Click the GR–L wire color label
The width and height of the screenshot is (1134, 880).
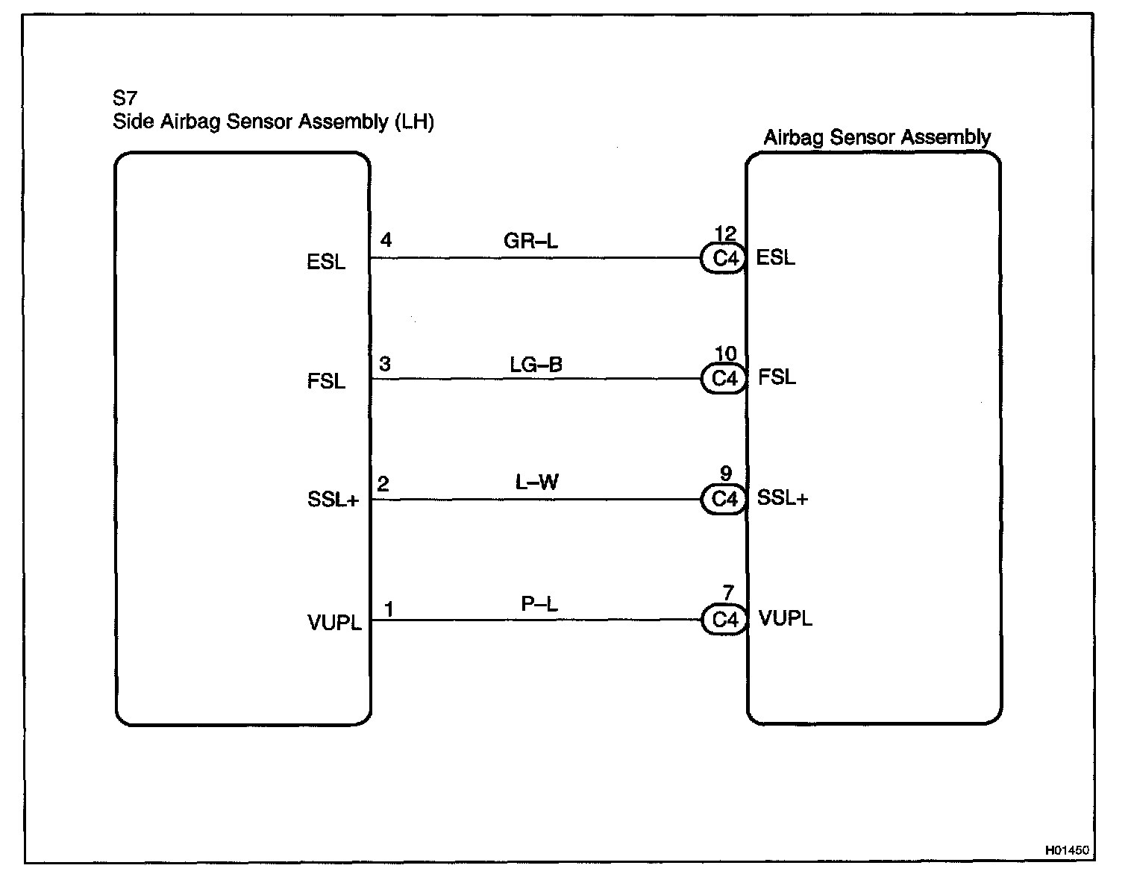click(530, 242)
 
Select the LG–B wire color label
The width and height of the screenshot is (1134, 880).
click(536, 365)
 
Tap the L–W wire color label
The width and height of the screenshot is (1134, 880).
click(536, 483)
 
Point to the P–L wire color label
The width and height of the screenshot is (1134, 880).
click(539, 605)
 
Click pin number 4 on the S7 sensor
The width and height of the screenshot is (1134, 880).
click(386, 240)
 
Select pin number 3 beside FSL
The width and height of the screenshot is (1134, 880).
click(385, 364)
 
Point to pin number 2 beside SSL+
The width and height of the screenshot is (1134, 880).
click(383, 484)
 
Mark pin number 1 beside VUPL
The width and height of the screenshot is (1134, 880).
click(388, 609)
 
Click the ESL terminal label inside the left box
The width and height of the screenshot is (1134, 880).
click(326, 263)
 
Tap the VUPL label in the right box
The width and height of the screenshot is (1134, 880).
click(785, 618)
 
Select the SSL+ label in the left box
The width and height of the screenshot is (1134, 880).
click(333, 500)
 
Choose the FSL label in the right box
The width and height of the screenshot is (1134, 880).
click(777, 377)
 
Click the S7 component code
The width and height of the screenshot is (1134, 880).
click(125, 98)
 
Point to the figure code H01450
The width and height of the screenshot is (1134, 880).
click(1068, 849)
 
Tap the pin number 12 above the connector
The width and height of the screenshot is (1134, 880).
click(725, 233)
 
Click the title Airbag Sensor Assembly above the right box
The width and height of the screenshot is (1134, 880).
click(877, 137)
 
